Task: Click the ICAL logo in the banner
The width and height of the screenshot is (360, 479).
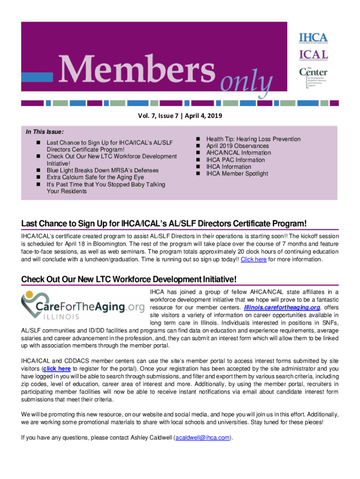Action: pyautogui.click(x=313, y=55)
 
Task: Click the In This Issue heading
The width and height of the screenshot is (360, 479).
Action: pyautogui.click(x=45, y=132)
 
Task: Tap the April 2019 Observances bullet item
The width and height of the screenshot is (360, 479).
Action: pyautogui.click(x=238, y=146)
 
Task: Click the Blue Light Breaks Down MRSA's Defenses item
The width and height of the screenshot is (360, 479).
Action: pyautogui.click(x=102, y=170)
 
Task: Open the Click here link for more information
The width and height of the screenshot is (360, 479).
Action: pyautogui.click(x=253, y=259)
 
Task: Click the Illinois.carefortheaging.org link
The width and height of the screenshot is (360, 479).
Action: pyautogui.click(x=282, y=307)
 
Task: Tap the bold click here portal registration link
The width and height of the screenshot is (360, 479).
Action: pyautogui.click(x=57, y=369)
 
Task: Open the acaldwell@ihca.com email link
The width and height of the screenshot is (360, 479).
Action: pyautogui.click(x=202, y=438)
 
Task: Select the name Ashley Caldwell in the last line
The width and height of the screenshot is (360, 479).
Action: pyautogui.click(x=149, y=438)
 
